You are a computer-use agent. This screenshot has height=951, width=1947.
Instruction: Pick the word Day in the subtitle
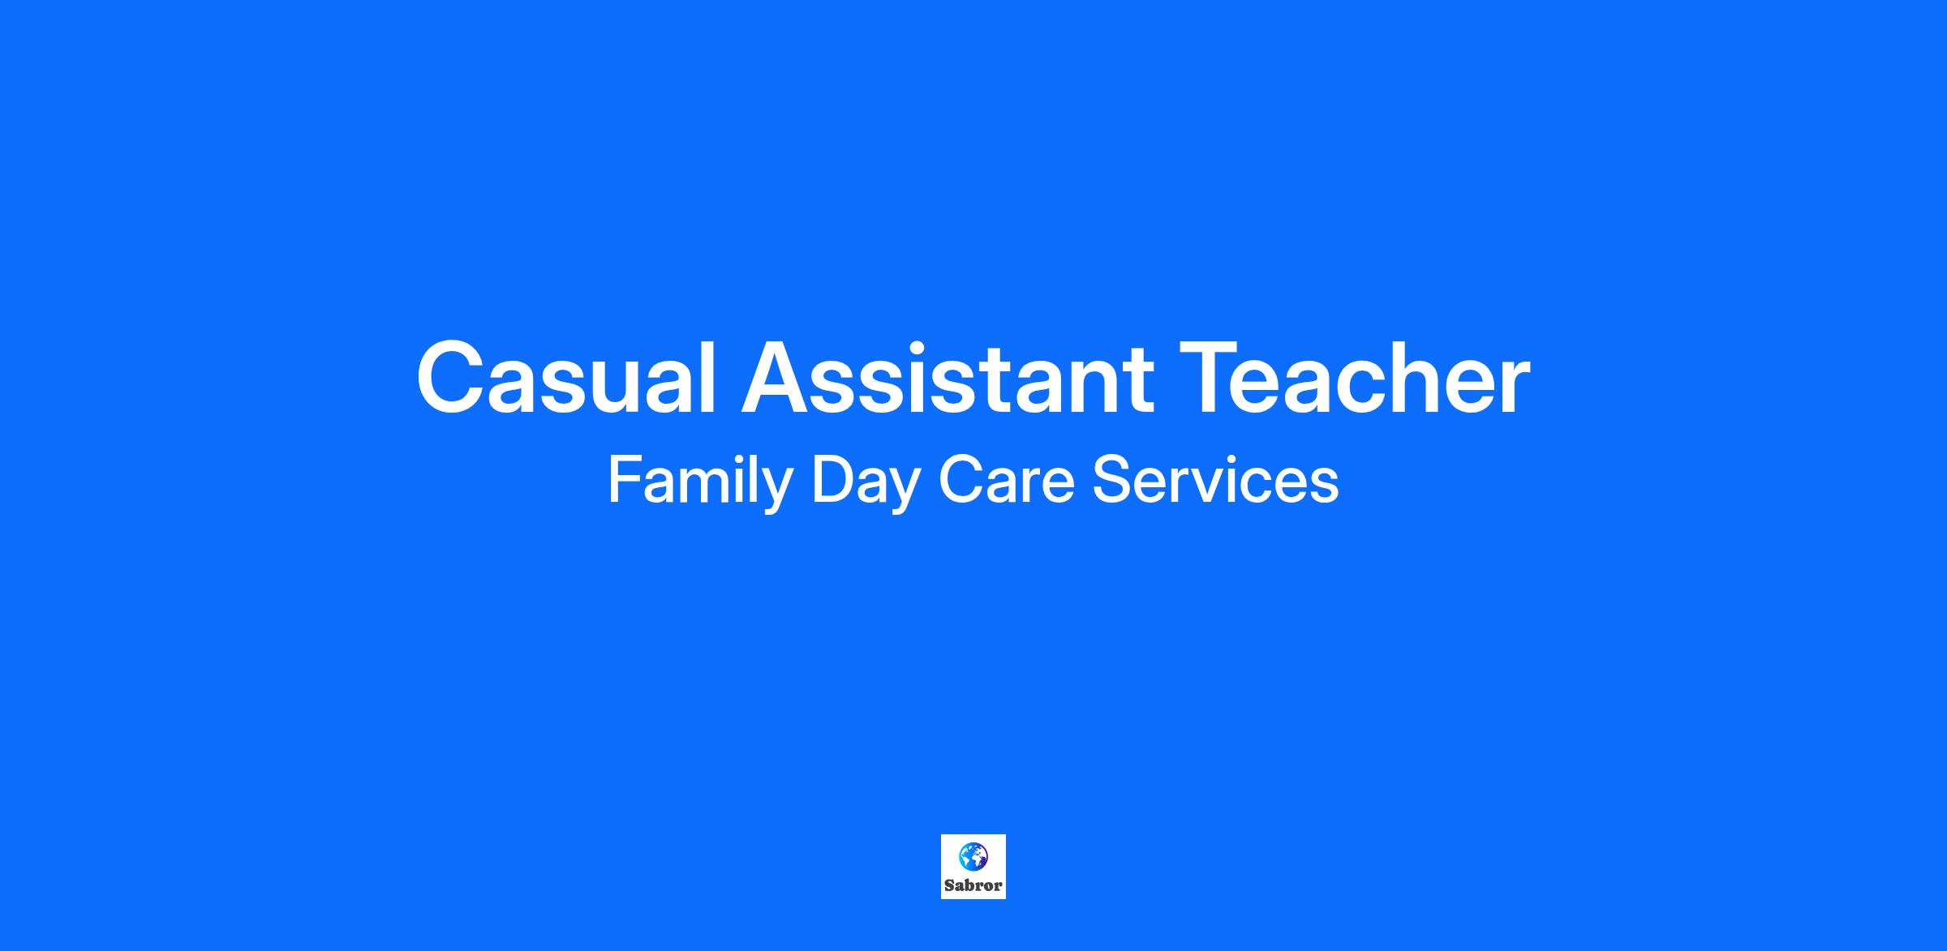click(x=865, y=482)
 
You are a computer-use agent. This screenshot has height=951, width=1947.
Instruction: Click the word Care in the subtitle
click(x=1006, y=480)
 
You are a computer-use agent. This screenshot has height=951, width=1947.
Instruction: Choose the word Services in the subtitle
click(x=1215, y=480)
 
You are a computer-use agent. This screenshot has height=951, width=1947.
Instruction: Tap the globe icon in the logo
click(x=973, y=855)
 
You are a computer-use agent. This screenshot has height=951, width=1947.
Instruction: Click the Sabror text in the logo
click(x=973, y=885)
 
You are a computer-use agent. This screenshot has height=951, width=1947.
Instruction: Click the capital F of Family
click(x=627, y=480)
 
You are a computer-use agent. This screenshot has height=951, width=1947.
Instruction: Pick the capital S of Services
click(x=1112, y=480)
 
